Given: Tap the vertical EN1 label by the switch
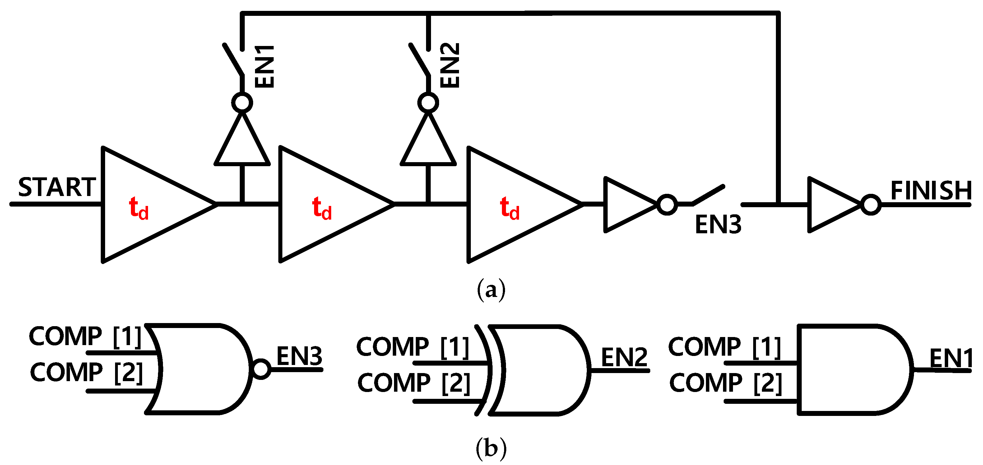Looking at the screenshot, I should click(264, 66).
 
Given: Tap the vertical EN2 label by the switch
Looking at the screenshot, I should click(450, 65).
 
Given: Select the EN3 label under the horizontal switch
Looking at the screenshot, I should click(717, 225).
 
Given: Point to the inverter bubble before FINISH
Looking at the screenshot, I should click(871, 205).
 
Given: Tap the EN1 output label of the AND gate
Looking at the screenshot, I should click(950, 358).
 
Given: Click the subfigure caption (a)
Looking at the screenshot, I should click(491, 290).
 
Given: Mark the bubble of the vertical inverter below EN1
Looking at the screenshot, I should click(242, 103).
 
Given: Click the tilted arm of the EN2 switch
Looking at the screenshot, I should click(420, 59).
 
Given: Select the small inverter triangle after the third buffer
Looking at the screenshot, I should click(626, 205).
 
